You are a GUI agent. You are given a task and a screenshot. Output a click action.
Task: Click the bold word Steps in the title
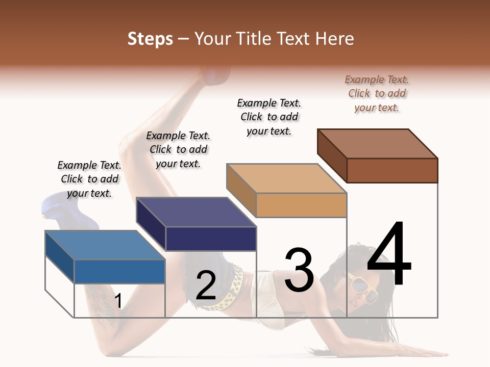pyautogui.click(x=150, y=39)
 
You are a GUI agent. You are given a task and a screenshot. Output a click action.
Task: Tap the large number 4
pyautogui.click(x=389, y=255)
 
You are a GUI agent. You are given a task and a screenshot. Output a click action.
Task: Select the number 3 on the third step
pyautogui.click(x=299, y=270)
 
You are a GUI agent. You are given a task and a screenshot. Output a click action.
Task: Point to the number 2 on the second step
pyautogui.click(x=206, y=285)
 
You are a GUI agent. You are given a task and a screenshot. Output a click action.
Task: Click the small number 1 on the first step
pyautogui.click(x=118, y=301)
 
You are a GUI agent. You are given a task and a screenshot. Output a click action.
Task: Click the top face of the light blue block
pyautogui.click(x=105, y=245)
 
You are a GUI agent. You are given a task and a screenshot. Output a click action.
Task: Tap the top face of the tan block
pyautogui.click(x=286, y=178)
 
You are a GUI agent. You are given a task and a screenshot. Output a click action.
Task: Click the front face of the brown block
pyautogui.click(x=392, y=170)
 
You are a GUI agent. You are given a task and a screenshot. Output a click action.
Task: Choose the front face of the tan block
pyautogui.click(x=301, y=205)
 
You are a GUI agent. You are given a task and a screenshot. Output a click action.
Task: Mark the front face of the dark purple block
pyautogui.click(x=211, y=239)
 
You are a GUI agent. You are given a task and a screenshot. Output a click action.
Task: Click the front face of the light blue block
pyautogui.click(x=119, y=271)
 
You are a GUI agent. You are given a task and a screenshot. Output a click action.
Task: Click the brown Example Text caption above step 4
pyautogui.click(x=377, y=93)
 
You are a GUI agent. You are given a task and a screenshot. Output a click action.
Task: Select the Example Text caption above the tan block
pyautogui.click(x=269, y=117)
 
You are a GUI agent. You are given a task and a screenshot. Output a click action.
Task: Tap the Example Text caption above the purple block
pyautogui.click(x=178, y=149)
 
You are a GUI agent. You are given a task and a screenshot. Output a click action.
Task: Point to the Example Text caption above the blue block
pyautogui.click(x=89, y=179)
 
